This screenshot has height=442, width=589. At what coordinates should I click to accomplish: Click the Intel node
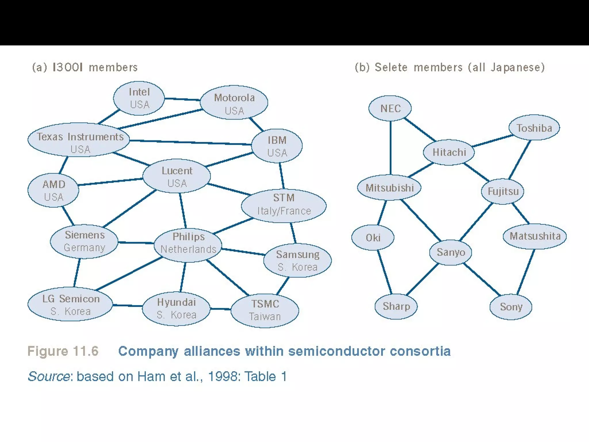[139, 98]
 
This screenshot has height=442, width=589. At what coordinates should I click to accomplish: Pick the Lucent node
[177, 176]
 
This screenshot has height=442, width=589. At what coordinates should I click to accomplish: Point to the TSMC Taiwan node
[265, 310]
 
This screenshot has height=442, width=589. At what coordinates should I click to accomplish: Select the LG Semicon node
[70, 304]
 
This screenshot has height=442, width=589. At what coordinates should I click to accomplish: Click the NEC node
[390, 108]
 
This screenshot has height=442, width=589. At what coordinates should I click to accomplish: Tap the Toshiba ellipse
[534, 127]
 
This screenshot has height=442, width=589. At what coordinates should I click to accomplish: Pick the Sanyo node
[451, 252]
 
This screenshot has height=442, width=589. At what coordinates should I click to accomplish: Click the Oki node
[373, 237]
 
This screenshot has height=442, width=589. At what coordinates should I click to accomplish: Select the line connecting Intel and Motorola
[182, 99]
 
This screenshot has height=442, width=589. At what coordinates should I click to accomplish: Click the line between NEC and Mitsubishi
[391, 148]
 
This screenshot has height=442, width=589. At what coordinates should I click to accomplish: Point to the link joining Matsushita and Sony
[526, 272]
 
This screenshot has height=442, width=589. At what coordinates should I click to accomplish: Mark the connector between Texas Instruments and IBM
[190, 142]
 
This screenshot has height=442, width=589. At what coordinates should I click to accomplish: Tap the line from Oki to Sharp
[385, 272]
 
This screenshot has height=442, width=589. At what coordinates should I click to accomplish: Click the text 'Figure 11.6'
[63, 351]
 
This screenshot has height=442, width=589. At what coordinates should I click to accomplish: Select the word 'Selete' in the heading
[391, 67]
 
